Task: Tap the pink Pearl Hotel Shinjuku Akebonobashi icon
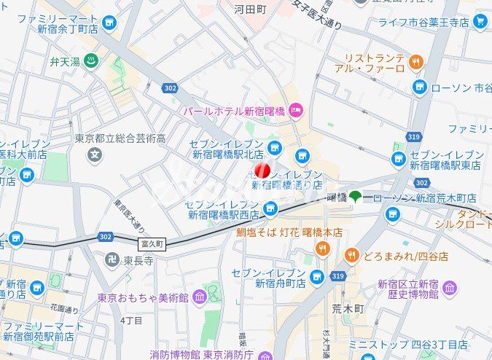point(295,111)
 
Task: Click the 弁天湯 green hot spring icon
point(90,61)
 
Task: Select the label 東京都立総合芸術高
point(120,138)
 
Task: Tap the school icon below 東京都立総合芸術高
point(94,154)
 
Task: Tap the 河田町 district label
point(250,9)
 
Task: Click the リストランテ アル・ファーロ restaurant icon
point(416,63)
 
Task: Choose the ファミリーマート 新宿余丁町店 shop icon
point(109,24)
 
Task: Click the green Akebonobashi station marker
point(355,196)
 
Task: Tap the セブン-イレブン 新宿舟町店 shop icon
point(316,276)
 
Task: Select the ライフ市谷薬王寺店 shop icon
point(479,22)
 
